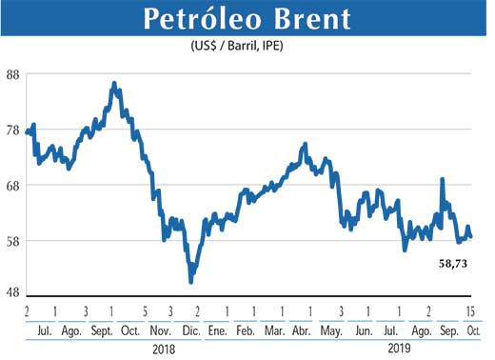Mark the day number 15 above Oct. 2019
[470, 311]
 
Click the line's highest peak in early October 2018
[114, 84]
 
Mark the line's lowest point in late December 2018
[191, 281]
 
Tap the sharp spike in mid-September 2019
[442, 179]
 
